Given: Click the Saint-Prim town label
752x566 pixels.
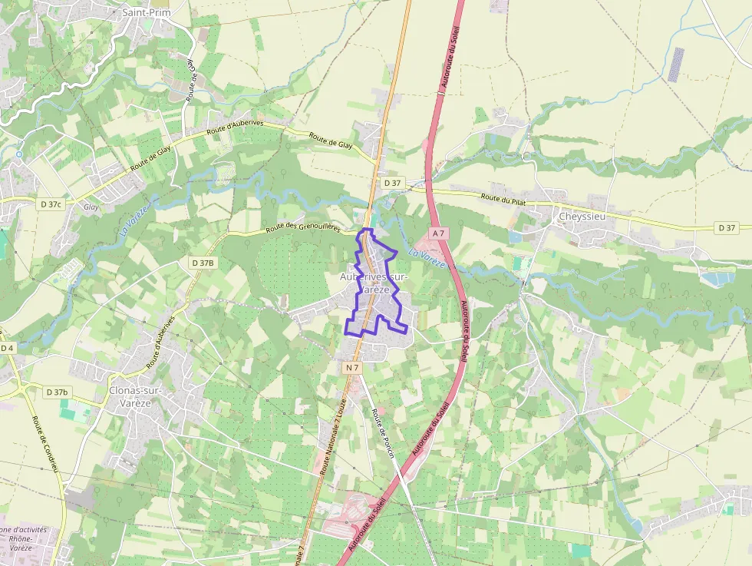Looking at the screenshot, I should (147, 13).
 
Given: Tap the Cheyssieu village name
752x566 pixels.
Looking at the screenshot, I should (583, 217).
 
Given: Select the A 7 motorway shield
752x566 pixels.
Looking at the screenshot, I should (438, 233).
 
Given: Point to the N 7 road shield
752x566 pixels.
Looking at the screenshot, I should (352, 368).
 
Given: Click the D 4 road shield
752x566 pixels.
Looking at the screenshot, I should (7, 349).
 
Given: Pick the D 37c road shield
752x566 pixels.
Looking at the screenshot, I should (51, 204).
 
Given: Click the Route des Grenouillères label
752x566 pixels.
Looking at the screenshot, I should (302, 227).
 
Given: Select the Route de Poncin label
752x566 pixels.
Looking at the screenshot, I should (382, 434).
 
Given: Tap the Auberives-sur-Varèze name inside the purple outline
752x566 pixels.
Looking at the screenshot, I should (374, 283).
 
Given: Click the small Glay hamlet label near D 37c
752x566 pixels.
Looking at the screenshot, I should (91, 207).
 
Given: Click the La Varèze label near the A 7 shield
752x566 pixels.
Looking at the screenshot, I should (427, 258).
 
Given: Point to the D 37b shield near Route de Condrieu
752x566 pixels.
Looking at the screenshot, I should (57, 392).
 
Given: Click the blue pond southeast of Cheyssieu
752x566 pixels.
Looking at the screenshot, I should (718, 279).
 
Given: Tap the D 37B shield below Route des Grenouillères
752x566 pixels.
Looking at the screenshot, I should (203, 263).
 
